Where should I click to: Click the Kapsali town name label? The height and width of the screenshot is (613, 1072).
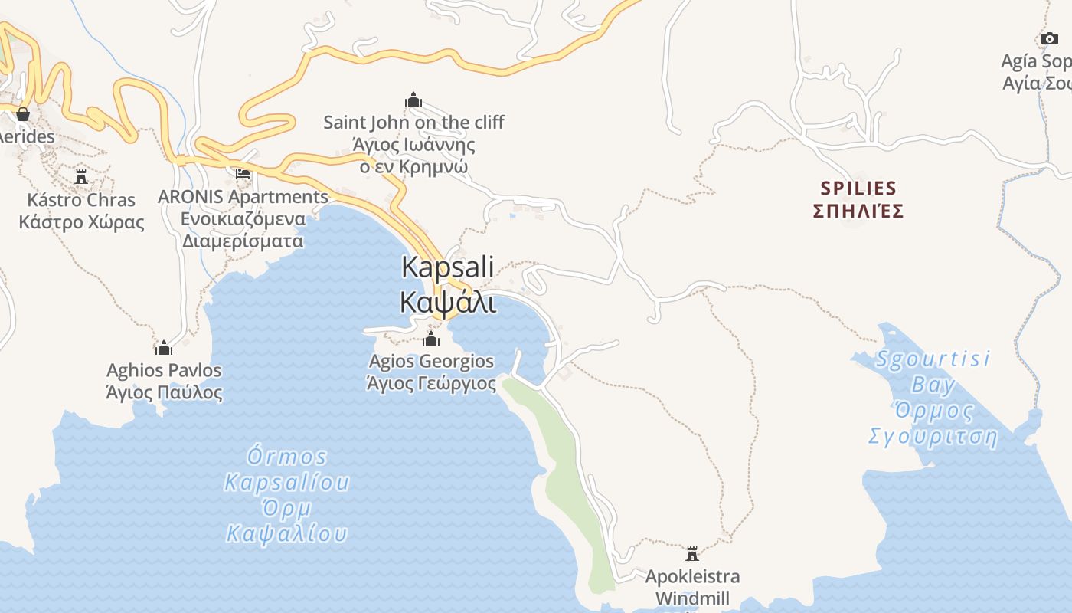(448, 267)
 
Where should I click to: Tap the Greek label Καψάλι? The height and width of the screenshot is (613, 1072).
(448, 301)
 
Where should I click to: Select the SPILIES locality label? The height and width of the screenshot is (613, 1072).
(858, 188)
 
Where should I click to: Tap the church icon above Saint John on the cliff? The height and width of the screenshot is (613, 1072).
(413, 100)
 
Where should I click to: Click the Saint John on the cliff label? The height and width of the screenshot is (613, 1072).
(413, 123)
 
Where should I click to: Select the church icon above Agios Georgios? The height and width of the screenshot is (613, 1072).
(431, 339)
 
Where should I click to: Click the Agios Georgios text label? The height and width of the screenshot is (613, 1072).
(431, 361)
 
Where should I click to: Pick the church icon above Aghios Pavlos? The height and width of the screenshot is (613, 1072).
(164, 348)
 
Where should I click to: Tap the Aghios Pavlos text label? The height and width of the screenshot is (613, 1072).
(164, 371)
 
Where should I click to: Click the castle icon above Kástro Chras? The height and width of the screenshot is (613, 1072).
(81, 177)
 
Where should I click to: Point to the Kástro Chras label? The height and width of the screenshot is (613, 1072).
(81, 201)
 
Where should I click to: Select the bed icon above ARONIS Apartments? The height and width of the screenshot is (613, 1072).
(243, 174)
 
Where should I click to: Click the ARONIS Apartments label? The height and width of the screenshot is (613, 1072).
(243, 197)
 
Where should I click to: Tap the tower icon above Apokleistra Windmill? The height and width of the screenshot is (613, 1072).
(692, 553)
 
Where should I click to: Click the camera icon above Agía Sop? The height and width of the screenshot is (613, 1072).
(1049, 38)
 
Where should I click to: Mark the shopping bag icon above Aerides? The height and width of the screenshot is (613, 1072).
(23, 114)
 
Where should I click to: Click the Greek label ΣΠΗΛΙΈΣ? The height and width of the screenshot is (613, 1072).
(858, 211)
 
